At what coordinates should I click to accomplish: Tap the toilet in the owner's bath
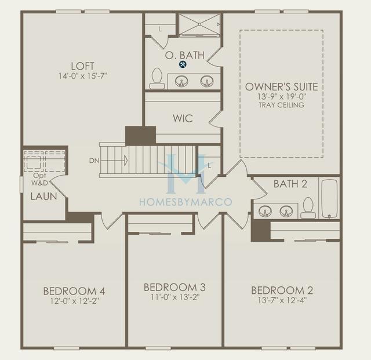click(x=157, y=79)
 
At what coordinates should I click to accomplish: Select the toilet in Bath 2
click(x=308, y=208)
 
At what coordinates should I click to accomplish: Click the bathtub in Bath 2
click(x=329, y=198)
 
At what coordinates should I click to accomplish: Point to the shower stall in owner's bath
click(x=199, y=25)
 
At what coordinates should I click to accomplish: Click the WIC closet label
click(x=183, y=118)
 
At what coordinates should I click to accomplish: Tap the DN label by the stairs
click(x=94, y=160)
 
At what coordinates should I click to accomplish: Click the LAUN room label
click(x=43, y=197)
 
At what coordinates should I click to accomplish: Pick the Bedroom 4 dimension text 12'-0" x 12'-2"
click(x=74, y=300)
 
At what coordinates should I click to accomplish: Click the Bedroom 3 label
click(x=174, y=287)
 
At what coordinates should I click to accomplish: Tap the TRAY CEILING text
click(x=282, y=105)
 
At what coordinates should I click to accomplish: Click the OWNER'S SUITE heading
click(x=282, y=87)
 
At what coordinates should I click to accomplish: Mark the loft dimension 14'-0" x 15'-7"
click(x=83, y=76)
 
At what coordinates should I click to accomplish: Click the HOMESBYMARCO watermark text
click(x=185, y=202)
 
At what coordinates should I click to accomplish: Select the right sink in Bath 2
click(x=286, y=211)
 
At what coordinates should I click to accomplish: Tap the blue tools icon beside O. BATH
click(x=183, y=64)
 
